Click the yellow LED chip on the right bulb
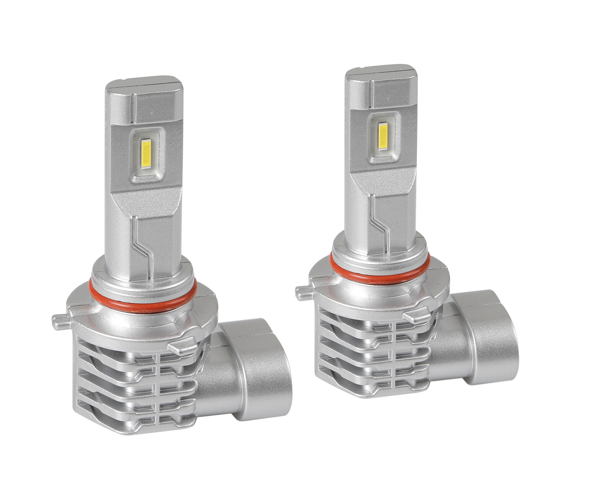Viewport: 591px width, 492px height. coord(382,135)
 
